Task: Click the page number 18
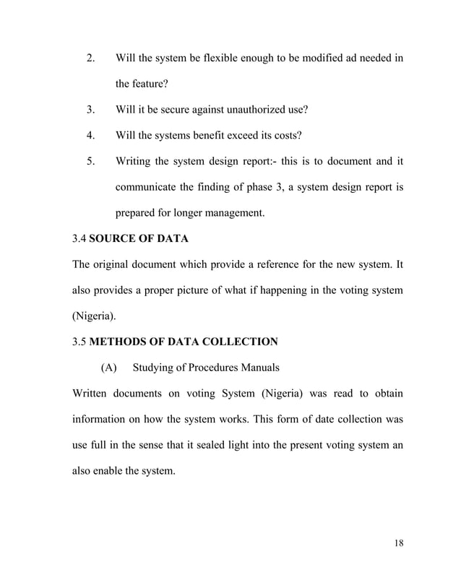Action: coord(399,544)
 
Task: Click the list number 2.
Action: coord(91,57)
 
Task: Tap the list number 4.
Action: coord(91,135)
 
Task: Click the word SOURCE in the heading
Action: coord(113,239)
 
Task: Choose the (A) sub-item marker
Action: coord(108,368)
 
